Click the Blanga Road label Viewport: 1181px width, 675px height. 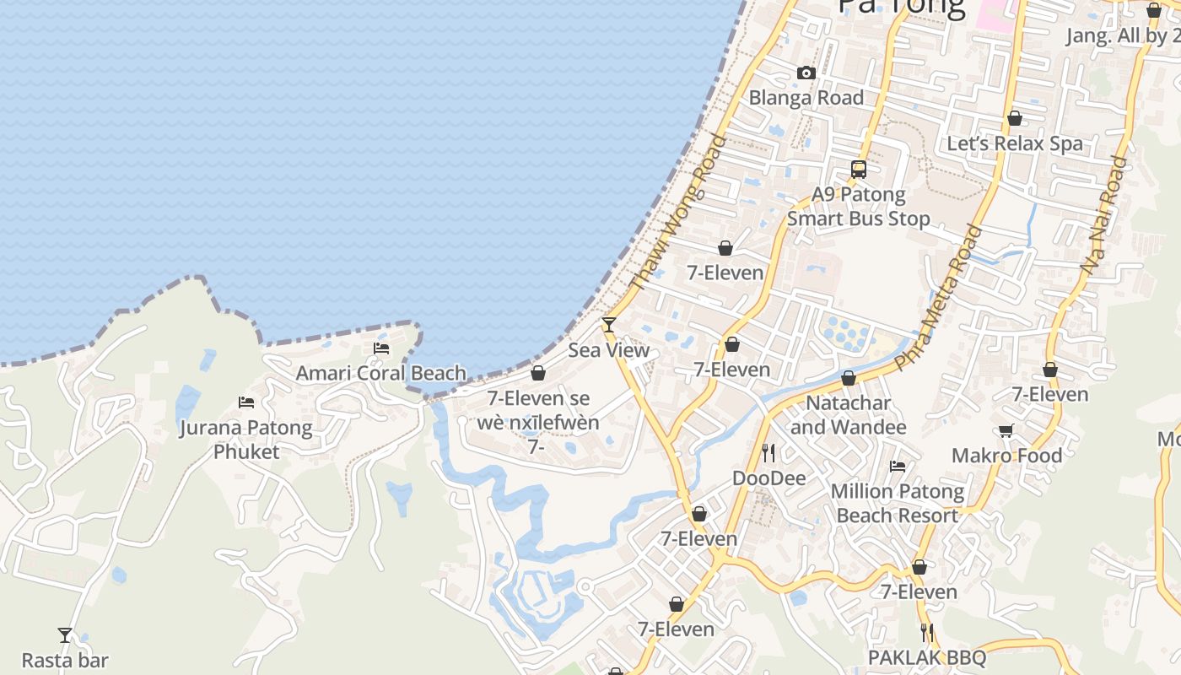[x=806, y=98]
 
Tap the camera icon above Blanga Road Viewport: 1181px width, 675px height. [x=806, y=73]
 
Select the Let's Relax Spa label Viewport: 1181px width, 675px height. [x=1015, y=143]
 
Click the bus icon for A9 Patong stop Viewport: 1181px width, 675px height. [x=859, y=170]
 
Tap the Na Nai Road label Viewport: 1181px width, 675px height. [x=1103, y=214]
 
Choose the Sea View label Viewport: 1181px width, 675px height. [x=608, y=350]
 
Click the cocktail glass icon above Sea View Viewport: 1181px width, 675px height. [x=608, y=325]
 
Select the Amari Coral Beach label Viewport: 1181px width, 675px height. [x=380, y=373]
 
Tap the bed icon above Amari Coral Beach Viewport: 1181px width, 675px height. [x=381, y=348]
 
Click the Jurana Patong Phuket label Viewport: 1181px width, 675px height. [x=246, y=440]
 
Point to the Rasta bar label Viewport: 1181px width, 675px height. [x=65, y=660]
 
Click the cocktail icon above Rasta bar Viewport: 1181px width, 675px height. [x=65, y=635]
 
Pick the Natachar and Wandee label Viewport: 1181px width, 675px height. [x=849, y=415]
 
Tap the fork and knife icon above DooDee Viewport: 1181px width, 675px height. [x=768, y=453]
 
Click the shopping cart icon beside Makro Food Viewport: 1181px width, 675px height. [x=1006, y=431]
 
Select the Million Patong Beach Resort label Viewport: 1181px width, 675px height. [x=898, y=503]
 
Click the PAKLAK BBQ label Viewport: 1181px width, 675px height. [x=926, y=657]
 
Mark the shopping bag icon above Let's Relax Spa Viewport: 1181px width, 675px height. [x=1015, y=118]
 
